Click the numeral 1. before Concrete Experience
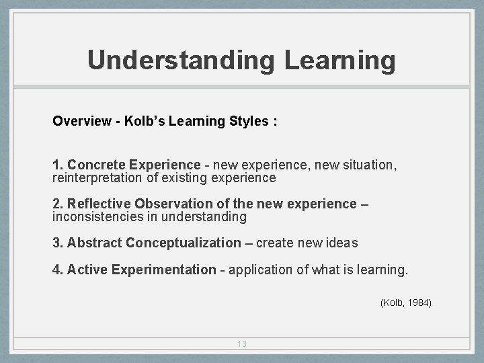pos(58,165)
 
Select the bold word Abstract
pos(95,243)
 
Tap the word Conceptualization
pos(183,243)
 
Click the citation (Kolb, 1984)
pos(405,303)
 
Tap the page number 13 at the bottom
pos(242,344)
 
